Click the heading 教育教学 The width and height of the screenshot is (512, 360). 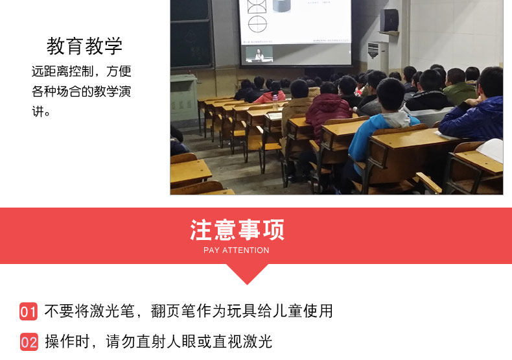84,46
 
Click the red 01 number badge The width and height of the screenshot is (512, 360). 29,311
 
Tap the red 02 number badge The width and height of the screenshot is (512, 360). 29,342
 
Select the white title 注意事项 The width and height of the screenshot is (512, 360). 237,230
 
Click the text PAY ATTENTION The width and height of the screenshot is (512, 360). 237,250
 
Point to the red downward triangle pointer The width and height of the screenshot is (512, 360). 247,274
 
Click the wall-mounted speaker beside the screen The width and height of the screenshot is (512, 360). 389,21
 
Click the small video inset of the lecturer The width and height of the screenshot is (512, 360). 259,54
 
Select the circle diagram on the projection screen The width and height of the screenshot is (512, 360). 257,24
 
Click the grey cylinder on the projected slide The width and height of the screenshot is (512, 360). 281,6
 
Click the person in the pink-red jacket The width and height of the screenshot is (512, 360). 271,93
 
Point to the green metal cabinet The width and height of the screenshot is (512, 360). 183,98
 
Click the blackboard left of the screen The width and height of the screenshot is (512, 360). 191,34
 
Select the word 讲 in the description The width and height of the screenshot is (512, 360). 38,112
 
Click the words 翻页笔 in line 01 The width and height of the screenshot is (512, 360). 174,311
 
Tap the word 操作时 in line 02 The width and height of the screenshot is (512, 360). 67,342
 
